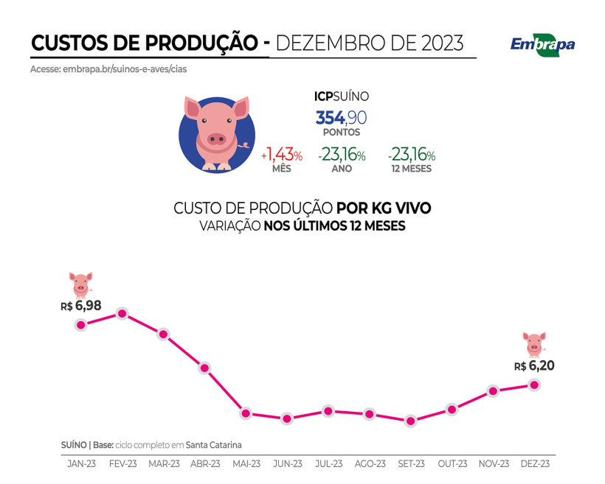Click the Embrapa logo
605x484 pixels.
tap(542, 44)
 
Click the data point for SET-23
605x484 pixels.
tap(410, 421)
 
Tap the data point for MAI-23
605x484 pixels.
tap(246, 413)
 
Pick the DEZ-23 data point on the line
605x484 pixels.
tap(534, 385)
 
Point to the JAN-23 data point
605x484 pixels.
tap(81, 325)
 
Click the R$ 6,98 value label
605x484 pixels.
tap(81, 304)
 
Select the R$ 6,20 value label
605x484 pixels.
tap(534, 365)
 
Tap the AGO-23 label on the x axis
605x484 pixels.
tap(370, 463)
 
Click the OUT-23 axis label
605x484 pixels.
tap(452, 463)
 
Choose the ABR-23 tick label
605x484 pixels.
tap(205, 463)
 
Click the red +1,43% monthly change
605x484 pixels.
tap(282, 155)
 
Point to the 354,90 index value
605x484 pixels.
tap(341, 118)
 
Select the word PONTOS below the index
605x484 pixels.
tap(341, 133)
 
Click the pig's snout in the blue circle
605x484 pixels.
tap(216, 138)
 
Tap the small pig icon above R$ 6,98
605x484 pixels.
tap(81, 282)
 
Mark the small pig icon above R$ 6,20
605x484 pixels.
tap(534, 343)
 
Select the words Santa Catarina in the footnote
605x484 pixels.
tap(213, 445)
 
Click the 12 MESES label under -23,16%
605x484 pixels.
tap(412, 169)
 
